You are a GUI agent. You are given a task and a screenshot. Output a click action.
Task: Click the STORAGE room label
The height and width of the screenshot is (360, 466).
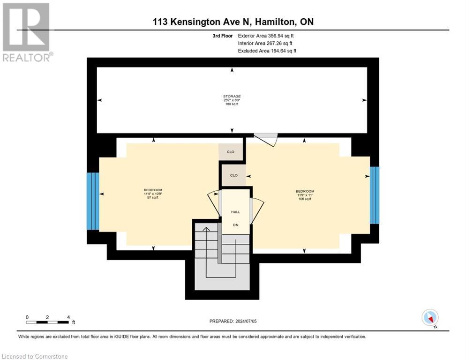[232, 96]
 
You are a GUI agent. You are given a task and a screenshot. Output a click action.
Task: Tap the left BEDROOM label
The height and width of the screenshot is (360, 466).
[153, 190]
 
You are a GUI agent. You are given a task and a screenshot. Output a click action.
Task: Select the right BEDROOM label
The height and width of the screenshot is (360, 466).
[305, 191]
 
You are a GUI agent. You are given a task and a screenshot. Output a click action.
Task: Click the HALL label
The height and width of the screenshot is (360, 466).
[235, 212]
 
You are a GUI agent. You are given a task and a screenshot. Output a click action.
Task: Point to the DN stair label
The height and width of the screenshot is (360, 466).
[235, 225]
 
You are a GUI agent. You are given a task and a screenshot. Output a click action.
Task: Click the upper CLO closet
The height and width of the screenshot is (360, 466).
[231, 152]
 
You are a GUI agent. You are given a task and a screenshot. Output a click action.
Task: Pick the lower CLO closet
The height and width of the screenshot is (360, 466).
[233, 175]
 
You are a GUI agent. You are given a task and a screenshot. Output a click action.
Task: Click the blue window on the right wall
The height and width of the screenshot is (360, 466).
[375, 195]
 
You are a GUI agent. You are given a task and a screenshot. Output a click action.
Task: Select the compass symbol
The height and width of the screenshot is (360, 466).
[430, 318]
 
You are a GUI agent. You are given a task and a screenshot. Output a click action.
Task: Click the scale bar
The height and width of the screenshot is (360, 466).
[48, 322]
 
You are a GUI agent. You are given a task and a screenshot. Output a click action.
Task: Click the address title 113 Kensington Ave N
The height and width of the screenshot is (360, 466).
[233, 22]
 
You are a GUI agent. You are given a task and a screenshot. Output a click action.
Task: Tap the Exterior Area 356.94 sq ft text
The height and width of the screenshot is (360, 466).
[266, 36]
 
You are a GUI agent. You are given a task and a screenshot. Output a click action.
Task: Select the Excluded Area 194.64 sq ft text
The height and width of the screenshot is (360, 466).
[267, 51]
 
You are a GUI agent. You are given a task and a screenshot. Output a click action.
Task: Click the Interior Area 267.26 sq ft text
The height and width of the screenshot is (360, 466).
[266, 43]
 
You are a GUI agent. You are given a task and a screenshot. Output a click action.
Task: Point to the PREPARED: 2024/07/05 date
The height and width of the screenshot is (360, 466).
[233, 321]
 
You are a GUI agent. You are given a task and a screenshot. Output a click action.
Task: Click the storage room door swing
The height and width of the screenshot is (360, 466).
[266, 139]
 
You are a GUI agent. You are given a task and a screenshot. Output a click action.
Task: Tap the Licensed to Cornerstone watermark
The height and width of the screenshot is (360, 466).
[35, 356]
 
